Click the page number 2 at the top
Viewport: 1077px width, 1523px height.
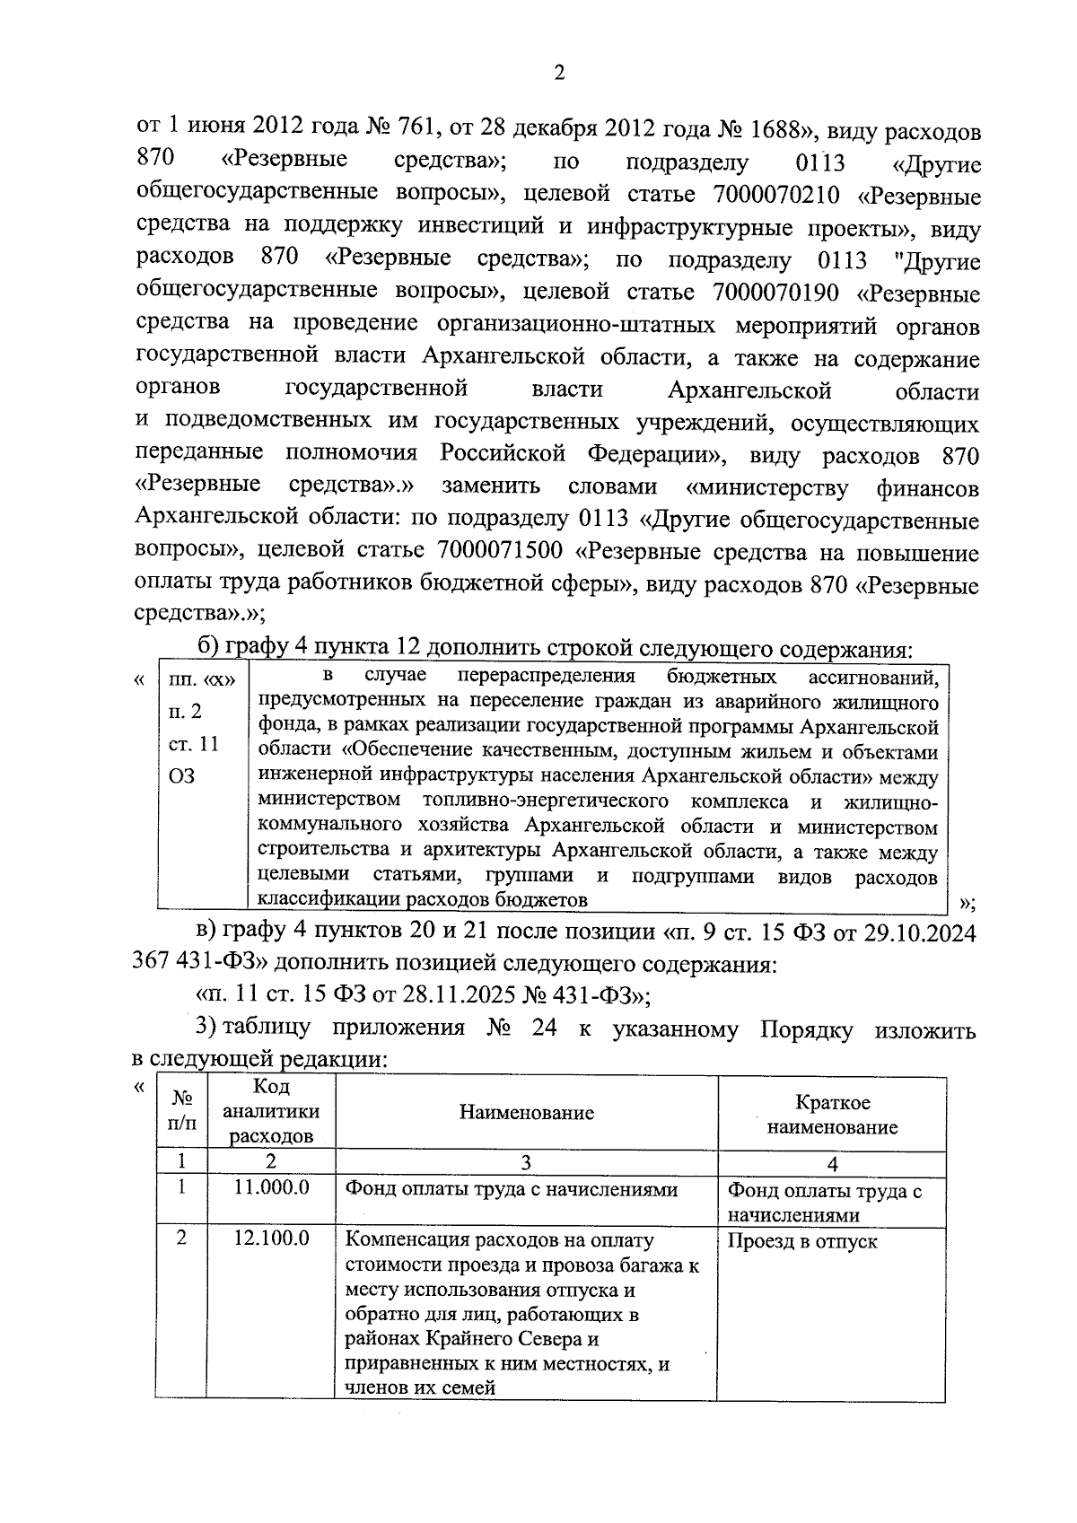coord(558,74)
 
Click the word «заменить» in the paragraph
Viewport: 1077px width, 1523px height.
coord(490,487)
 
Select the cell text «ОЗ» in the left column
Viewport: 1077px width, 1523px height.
coord(181,776)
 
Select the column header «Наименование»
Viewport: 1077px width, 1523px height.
coord(526,1114)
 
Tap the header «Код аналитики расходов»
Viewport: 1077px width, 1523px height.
coord(271,1112)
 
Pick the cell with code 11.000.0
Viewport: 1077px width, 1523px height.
coord(271,1187)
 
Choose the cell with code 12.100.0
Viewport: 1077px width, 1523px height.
coord(271,1239)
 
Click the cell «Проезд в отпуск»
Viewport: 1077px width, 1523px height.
coord(801,1242)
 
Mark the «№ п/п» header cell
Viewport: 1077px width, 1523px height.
coord(182,1112)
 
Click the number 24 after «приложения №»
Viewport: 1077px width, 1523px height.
coord(544,1028)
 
